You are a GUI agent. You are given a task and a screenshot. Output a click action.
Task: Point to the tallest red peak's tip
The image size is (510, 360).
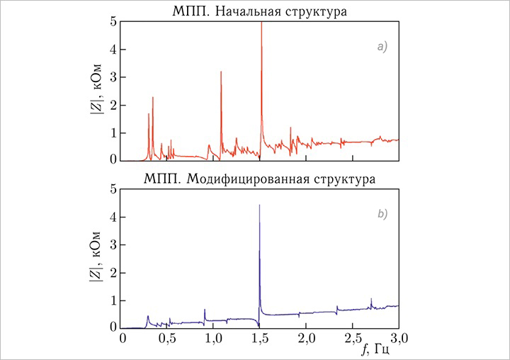(x=261, y=23)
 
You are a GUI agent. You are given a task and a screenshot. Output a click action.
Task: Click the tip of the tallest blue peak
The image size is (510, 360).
(x=260, y=205)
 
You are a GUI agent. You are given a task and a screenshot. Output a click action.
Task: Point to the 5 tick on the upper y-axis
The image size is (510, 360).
(x=113, y=22)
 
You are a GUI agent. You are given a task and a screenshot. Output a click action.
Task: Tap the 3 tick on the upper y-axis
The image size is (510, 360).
(x=113, y=77)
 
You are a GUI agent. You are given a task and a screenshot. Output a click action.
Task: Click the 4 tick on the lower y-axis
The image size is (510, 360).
(x=113, y=217)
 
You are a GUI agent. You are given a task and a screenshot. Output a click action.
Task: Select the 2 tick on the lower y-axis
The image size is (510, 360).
(x=113, y=272)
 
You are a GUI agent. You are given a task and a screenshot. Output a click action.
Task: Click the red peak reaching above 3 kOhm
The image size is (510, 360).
(x=221, y=72)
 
